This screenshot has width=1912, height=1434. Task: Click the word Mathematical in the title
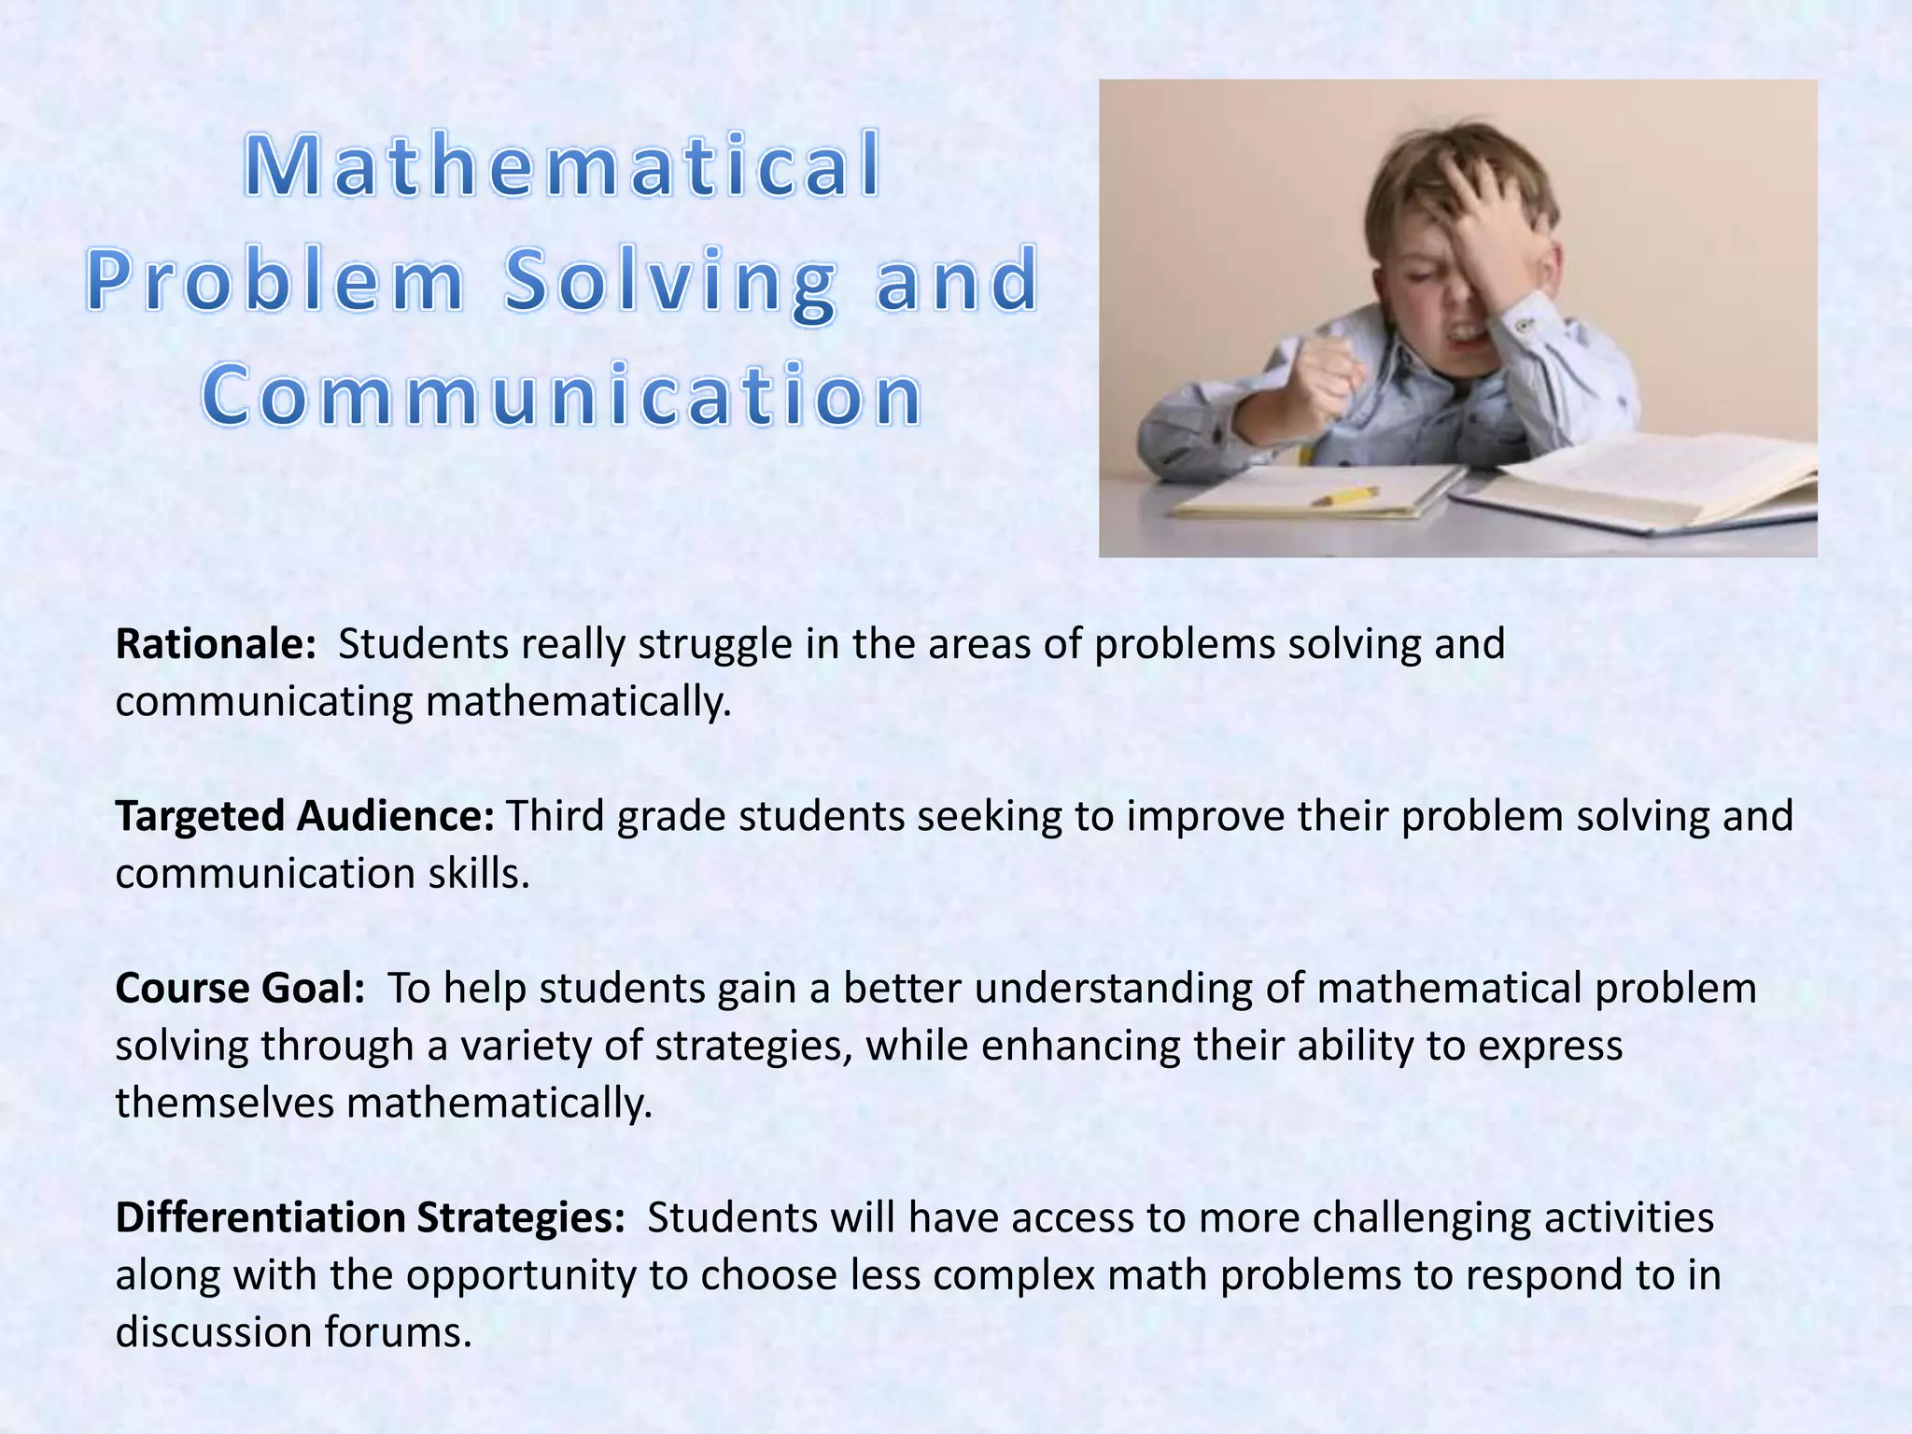tap(563, 166)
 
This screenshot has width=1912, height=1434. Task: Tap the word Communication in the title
tap(563, 396)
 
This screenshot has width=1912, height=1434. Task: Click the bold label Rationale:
tap(216, 644)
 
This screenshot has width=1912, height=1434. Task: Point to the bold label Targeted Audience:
tap(304, 816)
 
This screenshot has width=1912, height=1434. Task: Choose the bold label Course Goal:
tap(240, 988)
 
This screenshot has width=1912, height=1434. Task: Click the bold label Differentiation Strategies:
tap(370, 1217)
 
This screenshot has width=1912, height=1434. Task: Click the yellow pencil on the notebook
tap(1344, 496)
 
